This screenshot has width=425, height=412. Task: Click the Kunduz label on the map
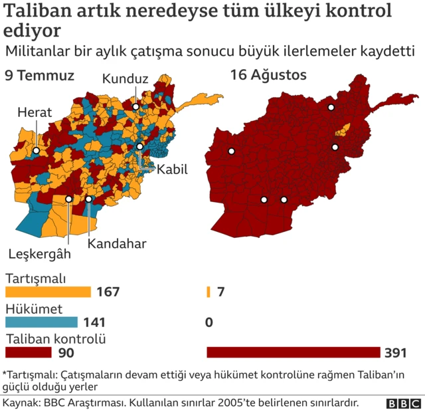[x=125, y=79]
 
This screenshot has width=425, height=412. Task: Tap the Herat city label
[x=35, y=112]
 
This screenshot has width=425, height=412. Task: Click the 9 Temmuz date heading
[x=39, y=75]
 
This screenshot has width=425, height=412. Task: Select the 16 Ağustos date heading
[x=268, y=75]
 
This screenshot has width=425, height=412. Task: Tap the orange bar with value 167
[x=48, y=292]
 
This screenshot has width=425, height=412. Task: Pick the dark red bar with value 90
[x=28, y=352]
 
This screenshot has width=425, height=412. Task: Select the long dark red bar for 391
[x=293, y=352]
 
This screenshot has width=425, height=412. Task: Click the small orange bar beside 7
[x=209, y=292]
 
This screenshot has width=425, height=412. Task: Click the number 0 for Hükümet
[x=209, y=322]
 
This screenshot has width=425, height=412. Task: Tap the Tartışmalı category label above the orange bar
[x=36, y=279]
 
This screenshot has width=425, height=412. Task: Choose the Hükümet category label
[x=34, y=309]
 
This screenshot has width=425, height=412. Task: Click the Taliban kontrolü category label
[x=56, y=339]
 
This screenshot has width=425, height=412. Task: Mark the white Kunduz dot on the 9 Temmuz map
[x=135, y=106]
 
